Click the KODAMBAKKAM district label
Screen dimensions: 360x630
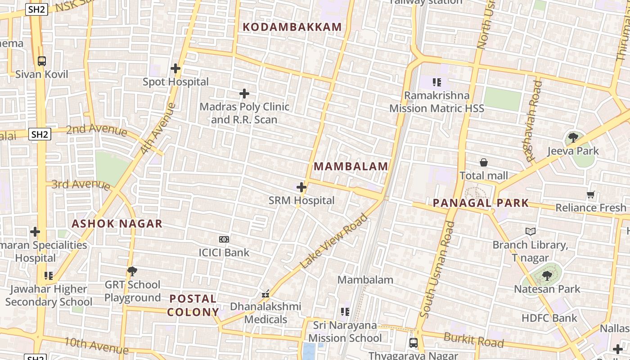click(x=292, y=27)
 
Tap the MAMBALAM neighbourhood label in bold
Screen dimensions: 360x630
click(x=351, y=166)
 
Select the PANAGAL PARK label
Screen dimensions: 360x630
click(x=481, y=203)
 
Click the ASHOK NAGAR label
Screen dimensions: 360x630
click(x=117, y=224)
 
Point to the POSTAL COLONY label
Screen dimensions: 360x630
click(x=193, y=305)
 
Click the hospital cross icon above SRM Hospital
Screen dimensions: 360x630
click(x=301, y=187)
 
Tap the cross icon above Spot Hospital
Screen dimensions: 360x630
click(x=175, y=68)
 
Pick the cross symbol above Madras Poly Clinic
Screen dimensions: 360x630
click(x=244, y=94)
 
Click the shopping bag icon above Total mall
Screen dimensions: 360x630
click(x=484, y=162)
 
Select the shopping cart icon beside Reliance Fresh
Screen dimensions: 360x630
click(x=591, y=195)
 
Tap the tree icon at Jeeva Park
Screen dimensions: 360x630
click(x=573, y=137)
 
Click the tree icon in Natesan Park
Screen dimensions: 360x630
click(x=547, y=275)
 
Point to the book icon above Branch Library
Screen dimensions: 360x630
click(x=531, y=231)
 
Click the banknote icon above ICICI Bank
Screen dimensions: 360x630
click(x=224, y=239)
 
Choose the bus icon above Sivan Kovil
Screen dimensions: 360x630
click(x=42, y=61)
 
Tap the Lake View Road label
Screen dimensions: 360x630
click(x=333, y=242)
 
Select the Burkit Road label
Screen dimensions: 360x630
click(x=473, y=340)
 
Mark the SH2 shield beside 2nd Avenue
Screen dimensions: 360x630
click(x=40, y=134)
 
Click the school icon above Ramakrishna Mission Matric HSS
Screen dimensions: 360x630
click(x=436, y=82)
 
